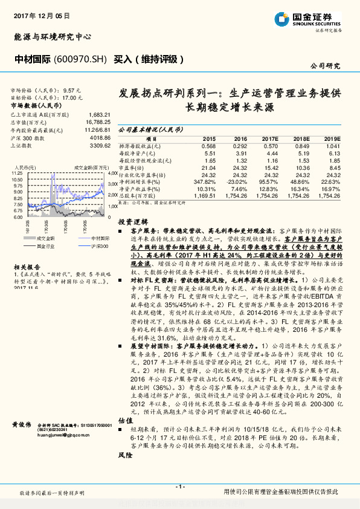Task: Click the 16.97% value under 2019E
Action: pos(331,189)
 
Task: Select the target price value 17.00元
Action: pos(72,97)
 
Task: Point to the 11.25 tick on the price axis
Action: pos(17,173)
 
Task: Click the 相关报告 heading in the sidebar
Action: pos(26,266)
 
